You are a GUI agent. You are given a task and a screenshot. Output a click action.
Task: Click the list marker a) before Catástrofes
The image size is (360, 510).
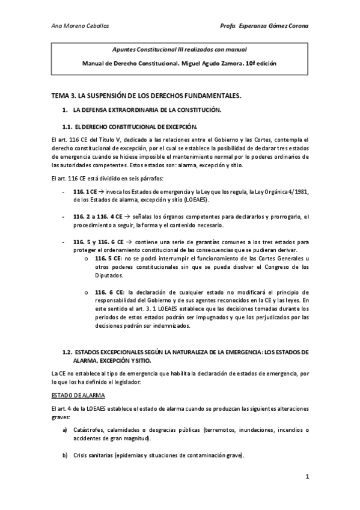click(x=65, y=429)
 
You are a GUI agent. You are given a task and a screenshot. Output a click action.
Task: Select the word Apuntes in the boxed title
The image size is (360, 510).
click(x=126, y=49)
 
